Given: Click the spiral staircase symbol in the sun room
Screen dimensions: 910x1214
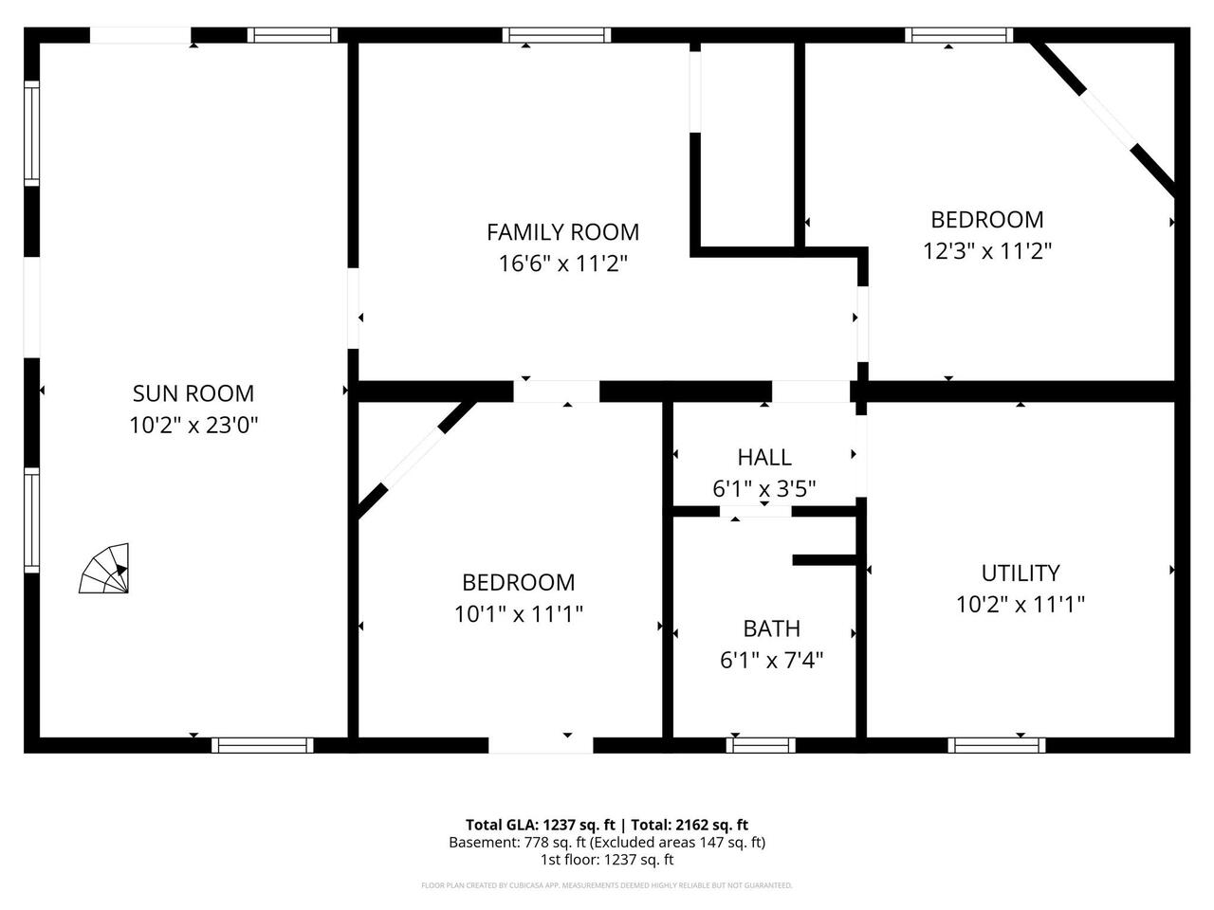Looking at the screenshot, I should coord(105,570).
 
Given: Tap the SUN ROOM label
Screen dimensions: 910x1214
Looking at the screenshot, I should coord(193,393).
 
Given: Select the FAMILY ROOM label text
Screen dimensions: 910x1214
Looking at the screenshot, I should coord(562,232).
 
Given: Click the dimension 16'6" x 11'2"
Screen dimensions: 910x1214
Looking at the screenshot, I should coord(562,264).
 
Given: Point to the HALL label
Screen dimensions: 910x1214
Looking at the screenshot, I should coord(764,458).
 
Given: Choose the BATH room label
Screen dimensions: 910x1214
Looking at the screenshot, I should coord(771,628).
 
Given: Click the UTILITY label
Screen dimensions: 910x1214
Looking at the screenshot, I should coord(1021,573).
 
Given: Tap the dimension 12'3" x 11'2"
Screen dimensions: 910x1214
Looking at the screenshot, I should coord(987,251).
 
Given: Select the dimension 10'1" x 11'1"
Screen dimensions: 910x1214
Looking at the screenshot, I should coord(518,614).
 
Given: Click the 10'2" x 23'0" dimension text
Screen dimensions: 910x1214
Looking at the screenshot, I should coord(193,425).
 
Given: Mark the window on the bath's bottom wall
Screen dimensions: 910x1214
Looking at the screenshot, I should coord(761,745).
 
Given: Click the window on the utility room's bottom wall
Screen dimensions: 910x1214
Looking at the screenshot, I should coord(996,745).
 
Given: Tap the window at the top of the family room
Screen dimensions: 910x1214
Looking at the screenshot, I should coord(556,36).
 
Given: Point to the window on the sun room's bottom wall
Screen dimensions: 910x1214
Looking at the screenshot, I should coord(262,745).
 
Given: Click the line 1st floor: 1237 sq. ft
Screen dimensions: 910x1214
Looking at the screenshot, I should coord(607,860).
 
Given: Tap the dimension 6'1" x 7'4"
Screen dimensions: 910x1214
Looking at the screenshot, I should coord(771,660).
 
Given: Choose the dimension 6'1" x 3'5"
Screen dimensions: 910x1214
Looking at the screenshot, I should coord(764,489).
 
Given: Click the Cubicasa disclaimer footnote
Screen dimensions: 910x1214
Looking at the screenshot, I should coord(607,885).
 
